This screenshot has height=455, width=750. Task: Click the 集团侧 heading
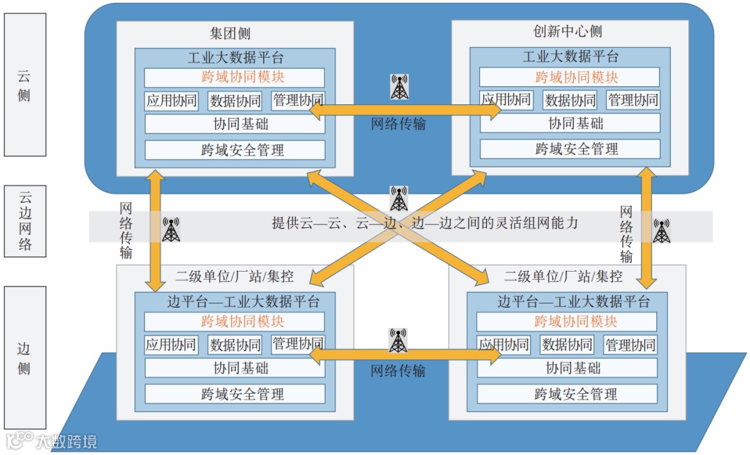tap(230, 33)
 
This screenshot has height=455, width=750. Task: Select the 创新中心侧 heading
tap(567, 32)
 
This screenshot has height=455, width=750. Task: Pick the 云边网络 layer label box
tap(25, 220)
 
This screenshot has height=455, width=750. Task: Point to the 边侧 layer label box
tap(25, 358)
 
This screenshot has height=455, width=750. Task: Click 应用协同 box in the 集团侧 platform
tap(172, 100)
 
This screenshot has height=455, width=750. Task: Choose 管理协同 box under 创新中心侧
tap(633, 100)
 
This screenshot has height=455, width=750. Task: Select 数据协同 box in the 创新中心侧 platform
tap(569, 100)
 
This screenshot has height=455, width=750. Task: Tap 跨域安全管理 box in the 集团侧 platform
tap(235, 149)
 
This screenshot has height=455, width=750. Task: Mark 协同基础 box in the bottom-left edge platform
tap(235, 368)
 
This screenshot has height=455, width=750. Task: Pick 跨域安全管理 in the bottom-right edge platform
tap(567, 394)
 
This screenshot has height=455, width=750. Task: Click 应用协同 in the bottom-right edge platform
tap(503, 345)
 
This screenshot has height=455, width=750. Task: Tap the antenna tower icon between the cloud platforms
tap(399, 87)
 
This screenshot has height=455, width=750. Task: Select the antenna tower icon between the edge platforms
tap(398, 340)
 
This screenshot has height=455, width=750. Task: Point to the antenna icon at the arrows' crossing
tap(399, 199)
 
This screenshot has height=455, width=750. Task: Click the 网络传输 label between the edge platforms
tap(398, 370)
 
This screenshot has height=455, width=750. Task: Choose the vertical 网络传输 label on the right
tap(626, 234)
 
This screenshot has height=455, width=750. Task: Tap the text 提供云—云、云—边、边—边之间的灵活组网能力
tap(424, 224)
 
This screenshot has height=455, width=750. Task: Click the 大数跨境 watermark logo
tap(52, 440)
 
